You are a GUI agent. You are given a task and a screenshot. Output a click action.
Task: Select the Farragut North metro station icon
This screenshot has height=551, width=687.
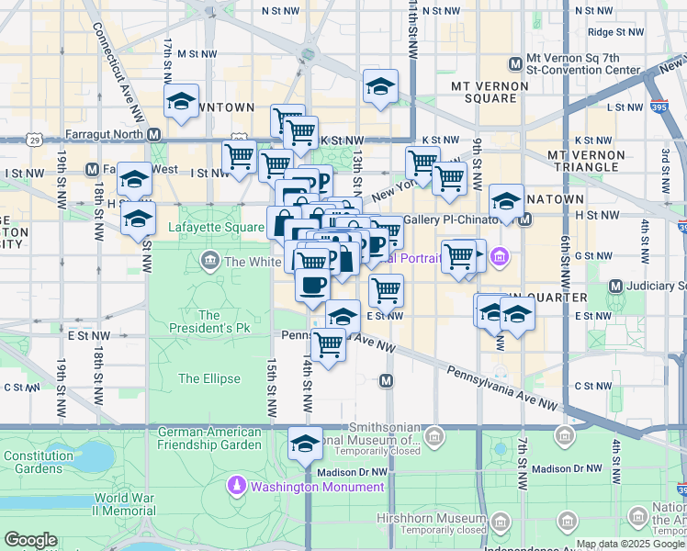[153, 134]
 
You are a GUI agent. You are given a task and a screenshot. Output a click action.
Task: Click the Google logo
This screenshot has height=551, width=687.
[30, 540]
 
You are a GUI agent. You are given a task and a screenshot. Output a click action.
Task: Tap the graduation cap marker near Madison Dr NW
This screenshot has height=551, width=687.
[305, 444]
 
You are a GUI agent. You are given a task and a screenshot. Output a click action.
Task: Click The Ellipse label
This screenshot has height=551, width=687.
[209, 378]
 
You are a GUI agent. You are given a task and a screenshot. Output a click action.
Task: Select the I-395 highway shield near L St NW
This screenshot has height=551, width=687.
[660, 107]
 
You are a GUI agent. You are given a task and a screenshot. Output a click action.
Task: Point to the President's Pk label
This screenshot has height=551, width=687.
[209, 323]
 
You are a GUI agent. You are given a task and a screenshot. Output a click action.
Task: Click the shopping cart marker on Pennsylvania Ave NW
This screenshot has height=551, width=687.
[328, 345]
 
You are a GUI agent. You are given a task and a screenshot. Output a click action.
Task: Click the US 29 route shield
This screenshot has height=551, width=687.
[34, 141]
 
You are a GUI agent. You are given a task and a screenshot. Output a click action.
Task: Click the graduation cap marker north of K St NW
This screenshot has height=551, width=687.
[380, 87]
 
